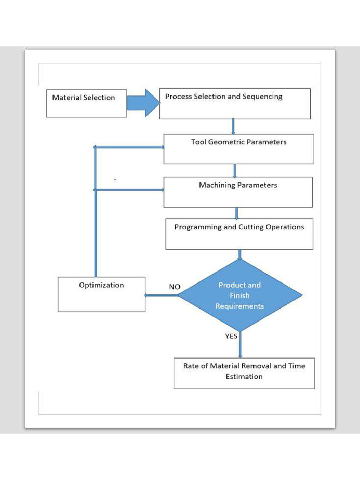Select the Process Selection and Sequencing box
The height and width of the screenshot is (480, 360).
coord(235,104)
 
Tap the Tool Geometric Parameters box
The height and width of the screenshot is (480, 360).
coord(239,149)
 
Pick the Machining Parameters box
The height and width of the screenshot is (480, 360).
coord(238,192)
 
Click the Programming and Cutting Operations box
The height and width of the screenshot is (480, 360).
coord(239,233)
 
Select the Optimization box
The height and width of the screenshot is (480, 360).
coord(101,294)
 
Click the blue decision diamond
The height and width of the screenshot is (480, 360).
coord(240,295)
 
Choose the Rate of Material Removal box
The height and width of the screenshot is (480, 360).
coord(244,373)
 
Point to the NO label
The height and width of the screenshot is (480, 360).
coord(174,287)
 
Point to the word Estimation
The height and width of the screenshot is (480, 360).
coord(244,376)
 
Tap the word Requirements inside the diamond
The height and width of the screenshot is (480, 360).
coord(240,306)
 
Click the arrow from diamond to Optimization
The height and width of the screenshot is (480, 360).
coord(162,295)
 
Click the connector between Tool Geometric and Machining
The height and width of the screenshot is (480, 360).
coord(235,170)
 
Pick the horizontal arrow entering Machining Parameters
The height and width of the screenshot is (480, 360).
coord(129,190)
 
